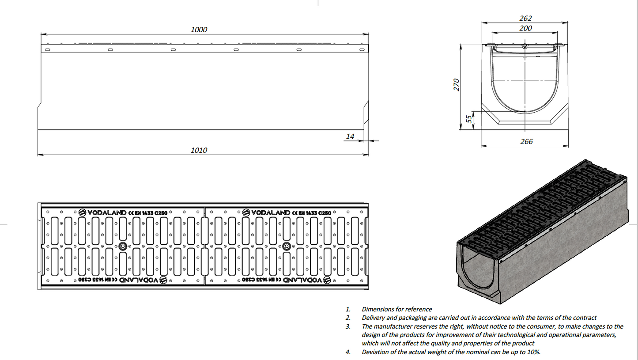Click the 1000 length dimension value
199,30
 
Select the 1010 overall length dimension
199,150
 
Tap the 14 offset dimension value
350,136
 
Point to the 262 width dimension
526,18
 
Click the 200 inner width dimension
526,28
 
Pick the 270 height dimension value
457,84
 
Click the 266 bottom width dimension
527,141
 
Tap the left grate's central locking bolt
122,246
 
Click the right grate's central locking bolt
287,246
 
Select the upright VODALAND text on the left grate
107,212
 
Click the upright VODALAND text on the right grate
271,212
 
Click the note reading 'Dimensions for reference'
396,309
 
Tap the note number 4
348,352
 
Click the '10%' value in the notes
533,352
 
